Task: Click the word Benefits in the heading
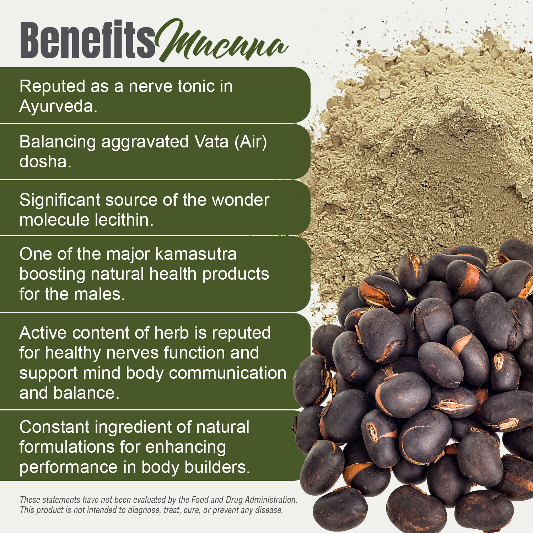coord(87,40)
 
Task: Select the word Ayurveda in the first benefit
coord(58,106)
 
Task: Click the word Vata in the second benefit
coord(211,142)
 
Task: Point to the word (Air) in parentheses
coord(251,142)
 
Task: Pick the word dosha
coord(45,162)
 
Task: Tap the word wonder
coord(240,200)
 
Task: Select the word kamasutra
coord(196,254)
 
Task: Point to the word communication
coord(227,373)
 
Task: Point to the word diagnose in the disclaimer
coord(142,510)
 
